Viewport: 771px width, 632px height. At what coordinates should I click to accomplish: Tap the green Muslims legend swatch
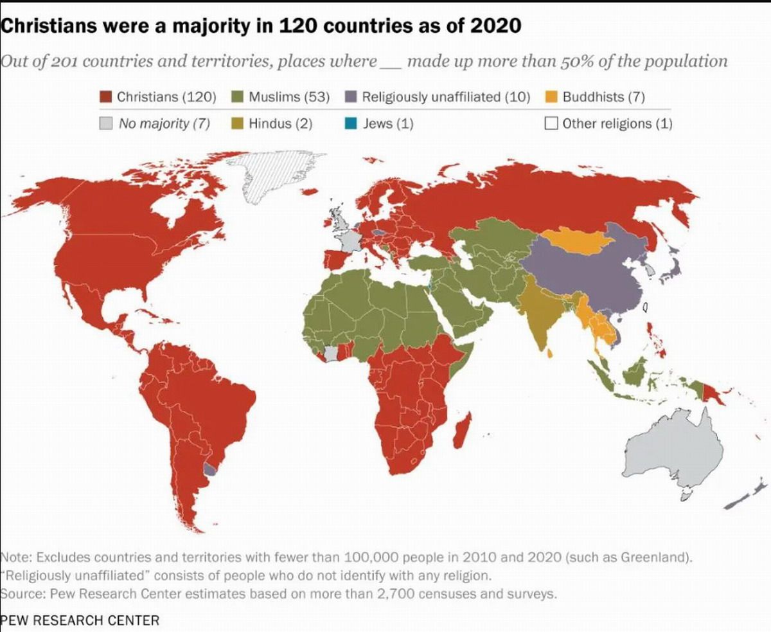[238, 97]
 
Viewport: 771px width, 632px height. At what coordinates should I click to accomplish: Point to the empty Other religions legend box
[551, 123]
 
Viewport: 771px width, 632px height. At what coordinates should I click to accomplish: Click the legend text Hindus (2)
[280, 123]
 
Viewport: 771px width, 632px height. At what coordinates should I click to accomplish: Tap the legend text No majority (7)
[164, 123]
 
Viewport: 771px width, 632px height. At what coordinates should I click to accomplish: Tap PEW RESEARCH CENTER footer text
[80, 620]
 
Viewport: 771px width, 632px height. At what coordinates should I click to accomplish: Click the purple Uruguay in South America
[210, 467]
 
